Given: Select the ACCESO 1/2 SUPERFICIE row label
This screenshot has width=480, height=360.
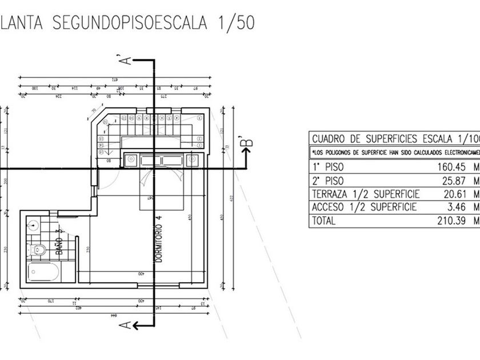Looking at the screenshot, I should point(364,207).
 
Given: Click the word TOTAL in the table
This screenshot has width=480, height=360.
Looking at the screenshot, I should point(324,220).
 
